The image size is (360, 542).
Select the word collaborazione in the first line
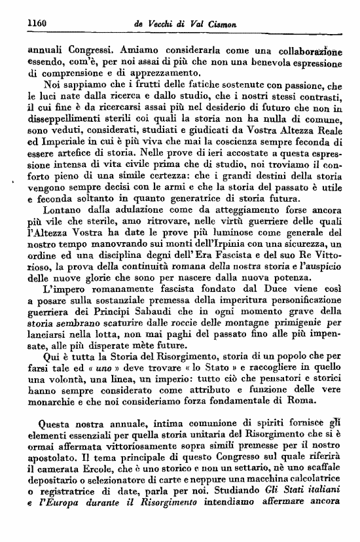coord(309,49)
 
